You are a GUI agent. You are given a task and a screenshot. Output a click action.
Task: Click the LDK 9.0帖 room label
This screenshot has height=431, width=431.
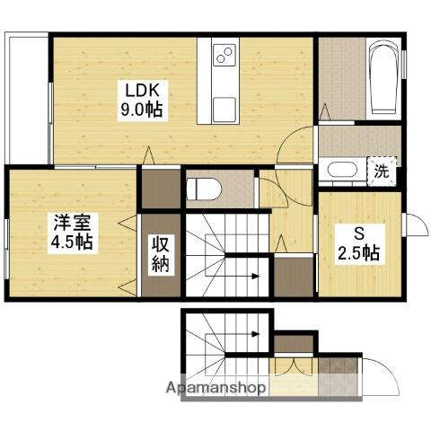point(143,101)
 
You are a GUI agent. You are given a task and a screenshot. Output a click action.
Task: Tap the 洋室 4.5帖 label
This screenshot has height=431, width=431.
point(73,233)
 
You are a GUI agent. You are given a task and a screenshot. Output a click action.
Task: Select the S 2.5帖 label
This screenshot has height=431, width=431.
point(359,244)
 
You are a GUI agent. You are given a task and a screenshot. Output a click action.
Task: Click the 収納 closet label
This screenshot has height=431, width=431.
point(161,255)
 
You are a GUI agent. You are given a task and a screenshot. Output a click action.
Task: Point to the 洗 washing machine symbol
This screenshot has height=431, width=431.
point(382,172)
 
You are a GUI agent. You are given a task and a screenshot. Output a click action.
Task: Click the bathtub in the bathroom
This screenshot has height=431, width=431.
point(383,78)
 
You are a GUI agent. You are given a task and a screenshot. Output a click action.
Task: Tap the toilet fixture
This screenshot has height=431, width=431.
point(204,189)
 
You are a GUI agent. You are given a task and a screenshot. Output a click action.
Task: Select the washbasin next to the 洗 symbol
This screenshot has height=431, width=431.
point(342,171)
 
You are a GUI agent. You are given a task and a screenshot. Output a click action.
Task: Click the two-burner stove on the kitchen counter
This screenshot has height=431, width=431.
point(224,55)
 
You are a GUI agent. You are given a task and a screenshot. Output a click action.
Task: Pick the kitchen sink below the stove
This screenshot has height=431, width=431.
point(224,110)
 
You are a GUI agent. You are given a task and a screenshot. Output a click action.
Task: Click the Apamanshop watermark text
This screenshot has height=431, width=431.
point(215,388)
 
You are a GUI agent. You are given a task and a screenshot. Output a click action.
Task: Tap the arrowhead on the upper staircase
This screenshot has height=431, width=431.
point(255,276)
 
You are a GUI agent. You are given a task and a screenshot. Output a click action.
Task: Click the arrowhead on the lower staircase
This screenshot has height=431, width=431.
point(255,333)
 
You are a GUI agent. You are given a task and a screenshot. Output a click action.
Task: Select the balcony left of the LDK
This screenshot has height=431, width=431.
point(27,100)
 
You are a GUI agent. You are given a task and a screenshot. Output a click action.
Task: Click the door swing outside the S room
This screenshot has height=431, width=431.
point(416,225)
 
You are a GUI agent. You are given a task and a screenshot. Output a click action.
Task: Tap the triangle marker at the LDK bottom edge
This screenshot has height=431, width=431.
point(149,155)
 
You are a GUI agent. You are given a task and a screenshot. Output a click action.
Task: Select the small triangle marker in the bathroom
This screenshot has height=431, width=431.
point(325,112)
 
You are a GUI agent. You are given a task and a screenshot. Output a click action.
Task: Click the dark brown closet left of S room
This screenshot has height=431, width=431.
point(294,277)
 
